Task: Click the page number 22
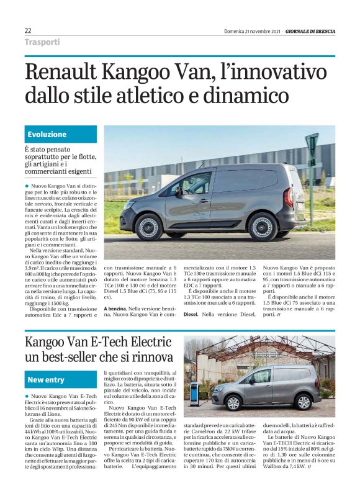pyautogui.click(x=28, y=30)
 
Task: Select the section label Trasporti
pyautogui.click(x=42, y=42)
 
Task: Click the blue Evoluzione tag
pyautogui.click(x=47, y=134)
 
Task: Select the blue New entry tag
pyautogui.click(x=47, y=379)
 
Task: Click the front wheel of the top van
pyautogui.click(x=148, y=227)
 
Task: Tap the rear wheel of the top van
pyautogui.click(x=263, y=227)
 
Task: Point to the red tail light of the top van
pyautogui.click(x=289, y=197)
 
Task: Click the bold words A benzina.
pyautogui.click(x=117, y=309)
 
